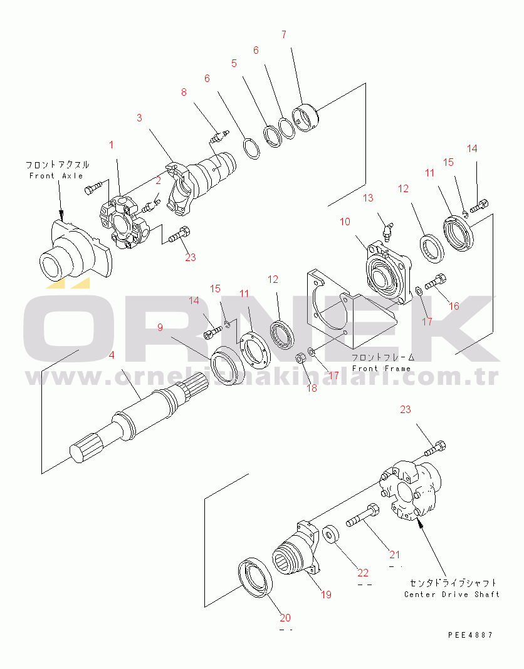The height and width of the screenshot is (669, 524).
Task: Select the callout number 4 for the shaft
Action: click(111, 356)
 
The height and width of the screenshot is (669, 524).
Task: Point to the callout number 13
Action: click(368, 198)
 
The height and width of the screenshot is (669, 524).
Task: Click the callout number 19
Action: click(326, 595)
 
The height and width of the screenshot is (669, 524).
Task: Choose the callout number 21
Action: click(394, 554)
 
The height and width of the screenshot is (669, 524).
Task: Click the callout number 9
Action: click(160, 327)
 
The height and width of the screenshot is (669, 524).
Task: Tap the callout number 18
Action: click(312, 388)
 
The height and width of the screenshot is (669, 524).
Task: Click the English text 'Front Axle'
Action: click(56, 176)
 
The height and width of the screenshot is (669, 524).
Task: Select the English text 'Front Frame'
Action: click(381, 369)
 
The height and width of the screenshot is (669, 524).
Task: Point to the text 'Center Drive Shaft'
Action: click(451, 594)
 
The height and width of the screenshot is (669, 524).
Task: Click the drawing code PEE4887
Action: click(470, 635)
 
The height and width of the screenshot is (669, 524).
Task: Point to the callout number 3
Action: click(139, 117)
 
